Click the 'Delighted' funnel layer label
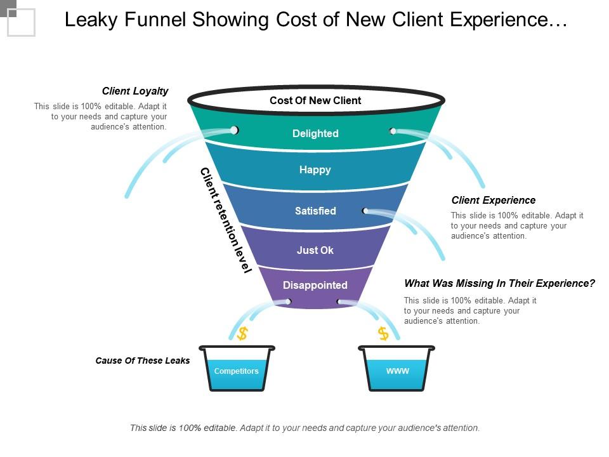(315, 133)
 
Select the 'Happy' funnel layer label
(315, 170)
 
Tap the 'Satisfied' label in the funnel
(315, 211)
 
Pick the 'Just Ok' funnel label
(315, 250)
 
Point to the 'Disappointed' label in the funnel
(315, 285)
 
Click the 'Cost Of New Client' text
(315, 100)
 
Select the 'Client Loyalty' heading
(135, 91)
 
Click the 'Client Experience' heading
(494, 201)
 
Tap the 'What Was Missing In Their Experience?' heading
(500, 284)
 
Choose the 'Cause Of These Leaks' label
(143, 361)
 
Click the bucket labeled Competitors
(237, 370)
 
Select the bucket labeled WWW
(397, 370)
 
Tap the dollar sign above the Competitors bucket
(242, 334)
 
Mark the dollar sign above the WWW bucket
(383, 333)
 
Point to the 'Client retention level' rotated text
(226, 220)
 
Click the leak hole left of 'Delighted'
(234, 130)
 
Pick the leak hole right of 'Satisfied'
(365, 211)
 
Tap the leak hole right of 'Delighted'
(393, 131)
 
